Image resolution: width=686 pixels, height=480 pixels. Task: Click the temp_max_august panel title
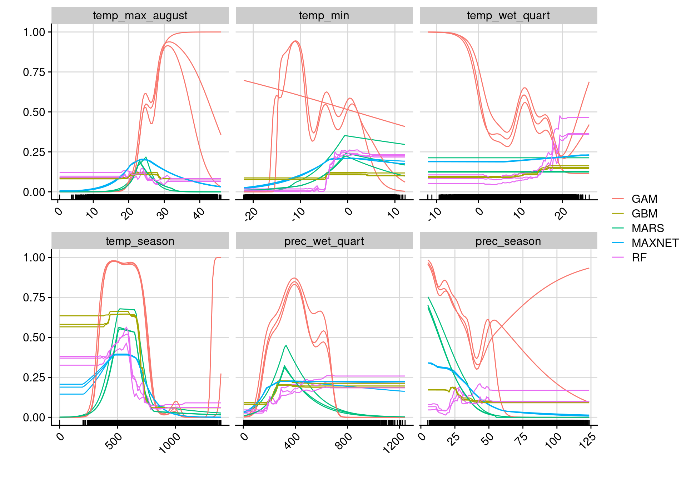click(x=140, y=16)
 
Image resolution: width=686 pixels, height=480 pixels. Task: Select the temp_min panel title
click(x=324, y=16)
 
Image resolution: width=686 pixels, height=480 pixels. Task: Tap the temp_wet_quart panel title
click(x=508, y=16)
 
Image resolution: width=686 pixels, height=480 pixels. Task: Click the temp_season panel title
click(x=140, y=241)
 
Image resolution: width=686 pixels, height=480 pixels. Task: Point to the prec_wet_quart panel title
click(x=324, y=241)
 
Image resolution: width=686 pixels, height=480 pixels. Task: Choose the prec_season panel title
click(x=508, y=241)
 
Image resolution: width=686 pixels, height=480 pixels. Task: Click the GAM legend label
click(x=644, y=199)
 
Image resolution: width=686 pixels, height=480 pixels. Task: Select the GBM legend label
click(x=644, y=214)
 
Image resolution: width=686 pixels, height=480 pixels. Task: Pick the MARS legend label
click(x=647, y=228)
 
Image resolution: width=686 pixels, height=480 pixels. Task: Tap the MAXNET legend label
click(x=655, y=243)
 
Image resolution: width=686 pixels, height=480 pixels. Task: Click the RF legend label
click(x=639, y=257)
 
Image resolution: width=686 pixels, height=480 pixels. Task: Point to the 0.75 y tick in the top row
click(x=34, y=72)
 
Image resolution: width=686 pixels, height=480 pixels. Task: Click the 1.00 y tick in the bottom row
click(x=34, y=257)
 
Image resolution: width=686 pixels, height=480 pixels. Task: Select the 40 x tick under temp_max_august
click(x=199, y=213)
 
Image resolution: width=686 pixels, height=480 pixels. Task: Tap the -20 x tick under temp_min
click(x=251, y=214)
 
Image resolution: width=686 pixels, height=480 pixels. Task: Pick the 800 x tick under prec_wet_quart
click(x=344, y=441)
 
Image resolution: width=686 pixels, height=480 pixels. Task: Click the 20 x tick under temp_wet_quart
click(x=561, y=213)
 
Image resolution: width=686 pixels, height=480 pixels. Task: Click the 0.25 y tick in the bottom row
click(x=34, y=377)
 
